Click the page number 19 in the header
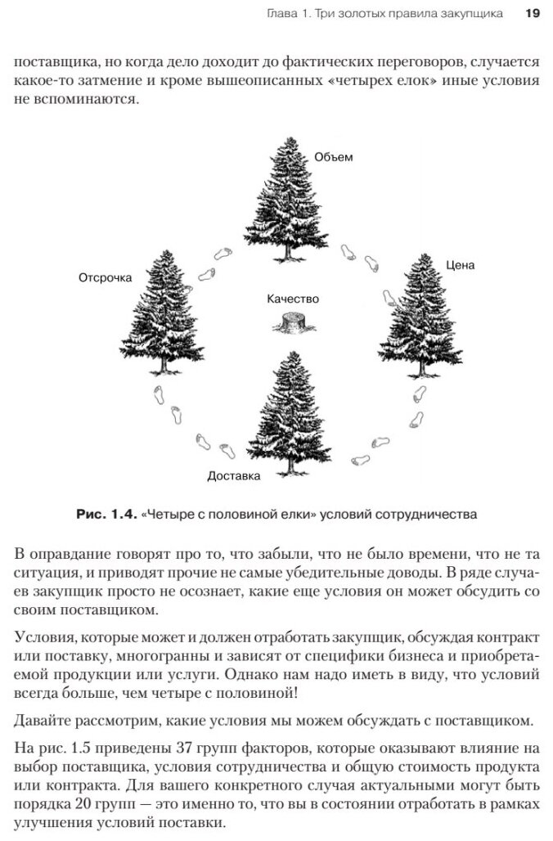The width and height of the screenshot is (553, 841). [532, 14]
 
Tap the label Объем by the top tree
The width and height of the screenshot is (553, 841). [334, 156]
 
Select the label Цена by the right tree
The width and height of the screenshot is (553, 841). [461, 265]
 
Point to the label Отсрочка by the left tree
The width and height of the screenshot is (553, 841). [106, 277]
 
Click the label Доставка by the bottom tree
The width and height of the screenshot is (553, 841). [233, 475]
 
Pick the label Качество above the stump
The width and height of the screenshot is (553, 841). [293, 299]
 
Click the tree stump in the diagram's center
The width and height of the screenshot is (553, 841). [292, 323]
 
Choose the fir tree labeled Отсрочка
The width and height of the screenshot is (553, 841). [161, 311]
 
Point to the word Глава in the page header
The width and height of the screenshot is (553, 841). [284, 14]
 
